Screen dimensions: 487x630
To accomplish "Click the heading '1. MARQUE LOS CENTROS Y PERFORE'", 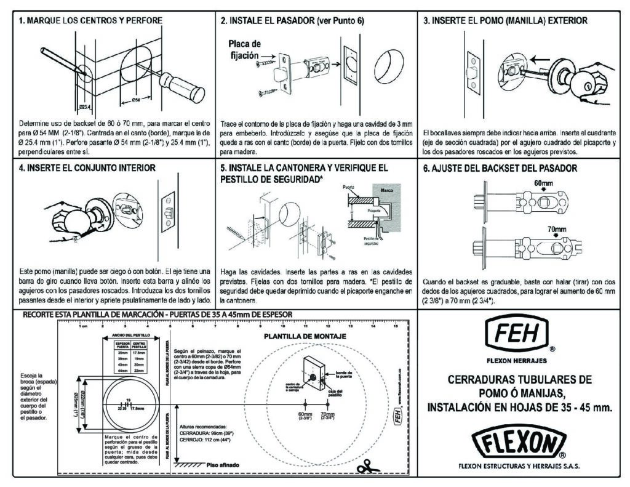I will (91, 20).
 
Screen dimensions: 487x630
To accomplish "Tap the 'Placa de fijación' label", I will (245, 49).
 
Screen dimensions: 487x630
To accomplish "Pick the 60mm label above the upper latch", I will (543, 183).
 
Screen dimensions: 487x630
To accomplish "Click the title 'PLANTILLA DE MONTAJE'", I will (299, 337).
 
